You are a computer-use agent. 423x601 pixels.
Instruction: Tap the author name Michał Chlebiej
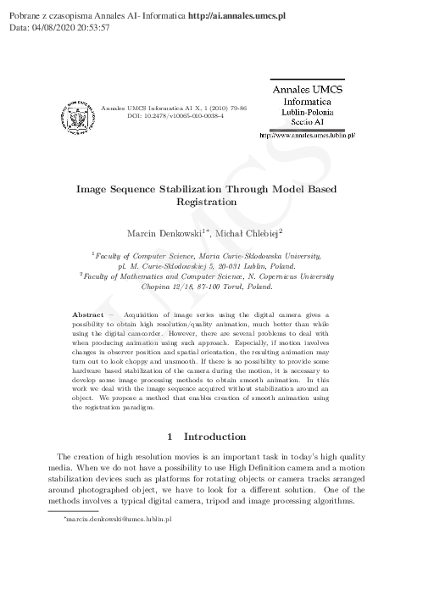(x=251, y=231)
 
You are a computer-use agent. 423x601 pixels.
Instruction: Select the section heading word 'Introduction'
(x=220, y=437)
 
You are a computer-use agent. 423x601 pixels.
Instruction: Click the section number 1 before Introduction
(x=171, y=437)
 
